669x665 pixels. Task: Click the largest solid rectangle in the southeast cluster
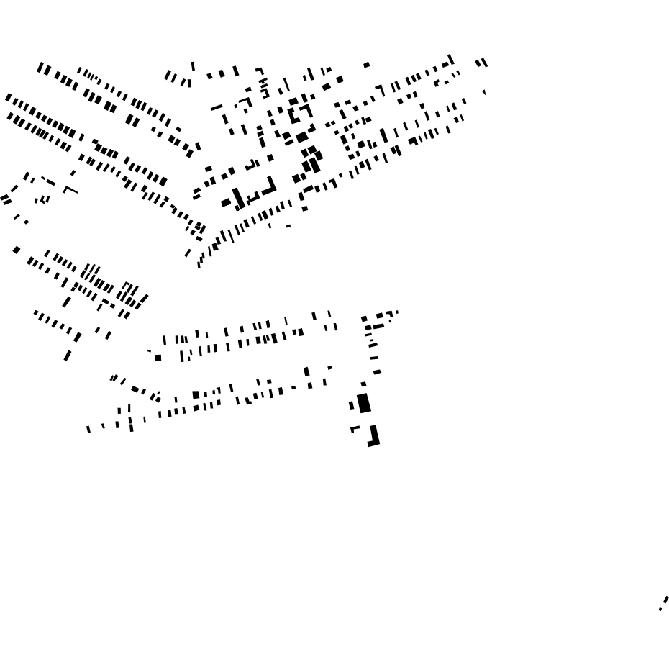coord(364,403)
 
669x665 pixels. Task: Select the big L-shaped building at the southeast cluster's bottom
coord(374,437)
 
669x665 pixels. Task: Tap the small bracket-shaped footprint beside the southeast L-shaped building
coord(355,429)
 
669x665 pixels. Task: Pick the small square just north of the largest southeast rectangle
coord(363,384)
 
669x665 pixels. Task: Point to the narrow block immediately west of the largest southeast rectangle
coord(352,405)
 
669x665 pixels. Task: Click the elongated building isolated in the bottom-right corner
coord(665,600)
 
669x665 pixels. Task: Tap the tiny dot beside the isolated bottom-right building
coord(660,610)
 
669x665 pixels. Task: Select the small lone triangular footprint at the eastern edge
coord(484,92)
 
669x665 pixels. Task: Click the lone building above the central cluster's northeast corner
coord(367,65)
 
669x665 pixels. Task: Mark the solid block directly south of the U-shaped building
coord(301,137)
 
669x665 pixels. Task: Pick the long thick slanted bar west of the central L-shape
coord(238,198)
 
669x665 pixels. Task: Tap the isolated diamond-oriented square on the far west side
coord(17,250)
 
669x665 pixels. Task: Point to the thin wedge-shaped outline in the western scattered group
coord(70,191)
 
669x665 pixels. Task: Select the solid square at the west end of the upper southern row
coord(158,358)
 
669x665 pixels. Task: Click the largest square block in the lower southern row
coord(196,394)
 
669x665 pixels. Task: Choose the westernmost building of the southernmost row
coord(88,429)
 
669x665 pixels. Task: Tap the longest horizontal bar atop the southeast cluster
coord(378,326)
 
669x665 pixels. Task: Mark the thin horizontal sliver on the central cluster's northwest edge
coord(217,108)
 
